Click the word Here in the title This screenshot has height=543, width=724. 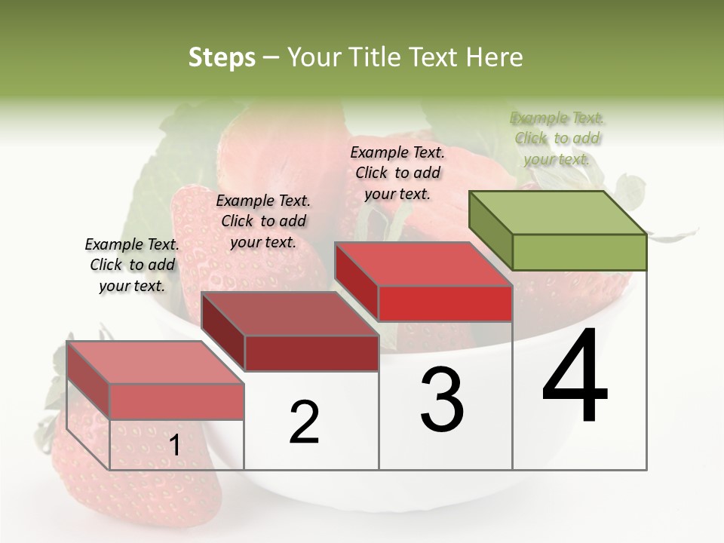pyautogui.click(x=493, y=57)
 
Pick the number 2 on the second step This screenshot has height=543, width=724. pyautogui.click(x=304, y=422)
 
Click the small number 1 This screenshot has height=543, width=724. pyautogui.click(x=174, y=446)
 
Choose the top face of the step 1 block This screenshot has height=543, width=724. pyautogui.click(x=155, y=362)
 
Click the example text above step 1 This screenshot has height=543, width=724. pyautogui.click(x=132, y=265)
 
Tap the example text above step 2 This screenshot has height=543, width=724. pyautogui.click(x=263, y=221)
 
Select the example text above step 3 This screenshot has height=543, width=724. pyautogui.click(x=397, y=173)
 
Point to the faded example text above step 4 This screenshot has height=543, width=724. pyautogui.click(x=557, y=138)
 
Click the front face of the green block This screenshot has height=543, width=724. pyautogui.click(x=578, y=252)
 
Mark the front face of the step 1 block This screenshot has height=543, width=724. pyautogui.click(x=176, y=400)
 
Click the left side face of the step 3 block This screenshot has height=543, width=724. pyautogui.click(x=356, y=281)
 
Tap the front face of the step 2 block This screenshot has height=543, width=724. pyautogui.click(x=311, y=353)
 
